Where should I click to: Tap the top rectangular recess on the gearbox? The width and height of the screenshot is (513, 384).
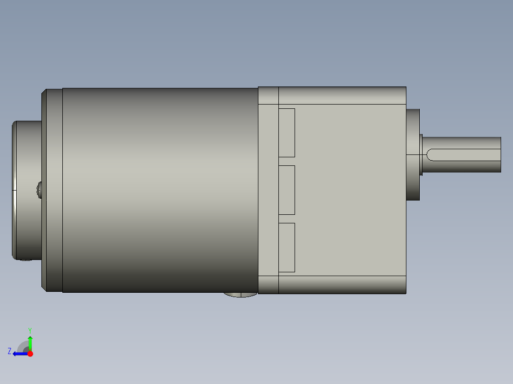(x=286, y=133)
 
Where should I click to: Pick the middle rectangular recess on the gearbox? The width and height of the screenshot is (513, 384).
(x=286, y=190)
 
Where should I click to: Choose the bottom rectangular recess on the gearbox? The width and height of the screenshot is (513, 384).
(x=286, y=247)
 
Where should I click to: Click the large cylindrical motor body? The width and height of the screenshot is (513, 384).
(x=159, y=190)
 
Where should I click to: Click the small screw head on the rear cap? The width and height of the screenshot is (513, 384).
(x=39, y=190)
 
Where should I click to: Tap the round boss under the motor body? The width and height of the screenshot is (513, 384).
(x=240, y=294)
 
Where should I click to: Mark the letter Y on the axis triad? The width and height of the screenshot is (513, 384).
(x=30, y=329)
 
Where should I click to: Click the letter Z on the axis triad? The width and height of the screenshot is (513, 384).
(x=10, y=351)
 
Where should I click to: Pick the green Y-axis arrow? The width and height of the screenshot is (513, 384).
(x=30, y=342)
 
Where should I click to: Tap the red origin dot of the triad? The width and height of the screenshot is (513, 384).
(x=30, y=354)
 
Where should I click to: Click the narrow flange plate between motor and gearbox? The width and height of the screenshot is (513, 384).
(x=268, y=190)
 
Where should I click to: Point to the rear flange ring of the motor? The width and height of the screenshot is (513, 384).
(x=52, y=190)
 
